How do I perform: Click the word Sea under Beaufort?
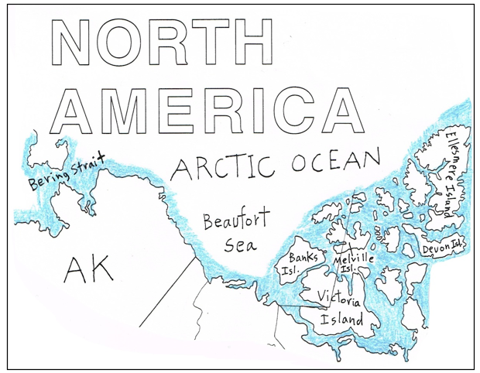tap(239, 246)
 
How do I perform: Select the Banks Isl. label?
tap(299, 262)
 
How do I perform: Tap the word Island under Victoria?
tap(343, 318)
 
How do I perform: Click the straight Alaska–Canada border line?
tap(167, 291)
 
